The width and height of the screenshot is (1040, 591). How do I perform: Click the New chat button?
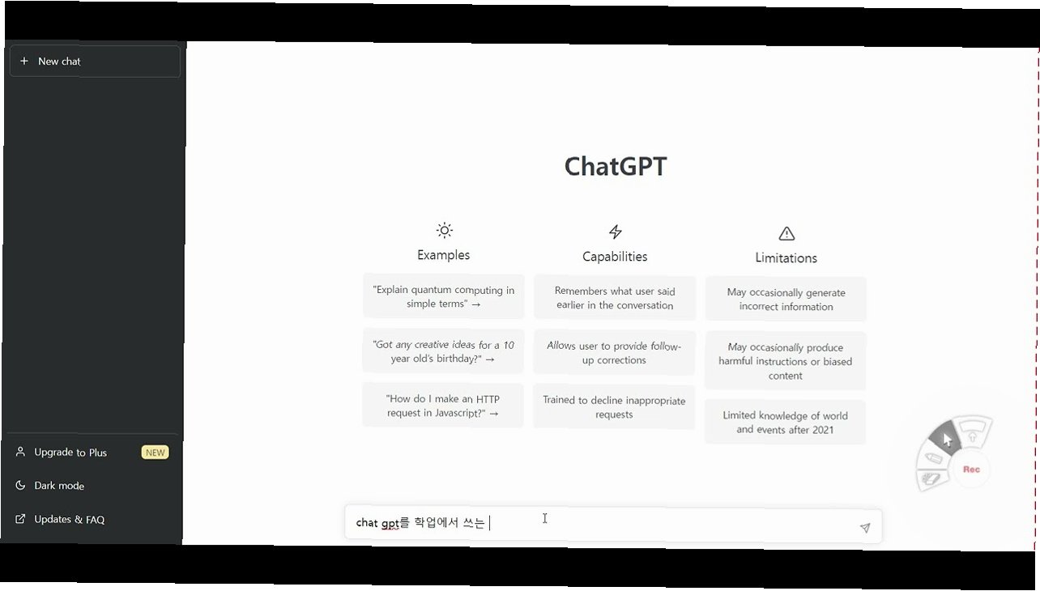click(95, 62)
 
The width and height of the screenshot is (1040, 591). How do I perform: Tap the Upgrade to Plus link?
click(70, 453)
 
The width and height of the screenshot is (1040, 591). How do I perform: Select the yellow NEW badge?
click(155, 453)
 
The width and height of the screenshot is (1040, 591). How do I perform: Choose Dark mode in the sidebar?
click(59, 486)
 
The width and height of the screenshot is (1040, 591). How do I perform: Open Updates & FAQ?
click(69, 520)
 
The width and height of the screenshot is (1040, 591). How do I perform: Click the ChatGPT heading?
click(615, 166)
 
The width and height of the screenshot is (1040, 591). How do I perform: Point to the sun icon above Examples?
click(444, 231)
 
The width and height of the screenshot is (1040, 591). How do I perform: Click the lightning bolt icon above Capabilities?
click(615, 232)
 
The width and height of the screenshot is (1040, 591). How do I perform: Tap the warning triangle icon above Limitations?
click(786, 234)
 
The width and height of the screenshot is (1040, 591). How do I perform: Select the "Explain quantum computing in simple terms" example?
click(443, 297)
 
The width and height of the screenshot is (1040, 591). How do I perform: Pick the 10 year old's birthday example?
click(443, 351)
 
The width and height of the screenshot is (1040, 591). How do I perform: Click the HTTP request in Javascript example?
click(443, 406)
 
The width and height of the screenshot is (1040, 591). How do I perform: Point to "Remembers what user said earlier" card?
click(615, 298)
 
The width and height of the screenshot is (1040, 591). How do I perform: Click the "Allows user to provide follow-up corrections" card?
click(615, 353)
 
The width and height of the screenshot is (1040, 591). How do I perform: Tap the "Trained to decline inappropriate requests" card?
click(615, 407)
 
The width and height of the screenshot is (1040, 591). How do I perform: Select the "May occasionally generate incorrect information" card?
click(786, 300)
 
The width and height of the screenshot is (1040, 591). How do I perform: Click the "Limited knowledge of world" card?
click(786, 423)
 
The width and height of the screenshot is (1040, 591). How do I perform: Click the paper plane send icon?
click(864, 528)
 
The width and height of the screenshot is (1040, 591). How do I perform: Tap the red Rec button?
click(971, 470)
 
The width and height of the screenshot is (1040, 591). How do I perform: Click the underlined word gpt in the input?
click(390, 523)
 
